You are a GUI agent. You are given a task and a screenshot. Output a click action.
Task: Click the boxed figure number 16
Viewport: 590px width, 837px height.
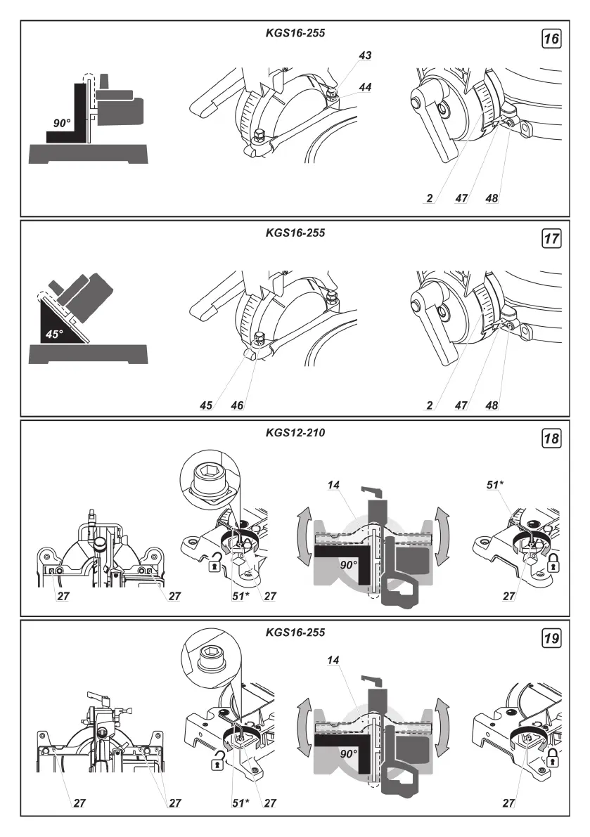click(x=552, y=39)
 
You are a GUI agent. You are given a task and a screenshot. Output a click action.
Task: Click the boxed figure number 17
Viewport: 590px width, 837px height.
click(x=552, y=239)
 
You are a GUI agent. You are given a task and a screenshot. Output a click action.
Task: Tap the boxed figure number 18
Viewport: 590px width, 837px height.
click(x=552, y=439)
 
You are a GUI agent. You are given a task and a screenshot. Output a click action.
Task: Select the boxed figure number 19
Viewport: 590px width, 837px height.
click(x=552, y=639)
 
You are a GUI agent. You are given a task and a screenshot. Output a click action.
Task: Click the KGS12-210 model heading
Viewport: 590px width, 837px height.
click(x=295, y=433)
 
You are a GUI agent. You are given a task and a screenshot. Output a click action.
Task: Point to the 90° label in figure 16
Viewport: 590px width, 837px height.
click(x=62, y=122)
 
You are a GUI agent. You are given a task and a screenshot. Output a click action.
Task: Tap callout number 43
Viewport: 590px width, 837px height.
click(x=364, y=55)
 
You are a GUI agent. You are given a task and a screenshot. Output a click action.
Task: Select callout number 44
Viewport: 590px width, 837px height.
click(x=364, y=86)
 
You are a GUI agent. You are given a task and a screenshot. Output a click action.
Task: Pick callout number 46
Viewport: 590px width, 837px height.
click(x=236, y=405)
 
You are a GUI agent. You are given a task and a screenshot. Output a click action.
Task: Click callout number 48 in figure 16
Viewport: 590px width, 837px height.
click(x=492, y=199)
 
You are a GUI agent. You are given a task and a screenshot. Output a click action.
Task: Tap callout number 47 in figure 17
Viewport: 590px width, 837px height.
click(x=461, y=405)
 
